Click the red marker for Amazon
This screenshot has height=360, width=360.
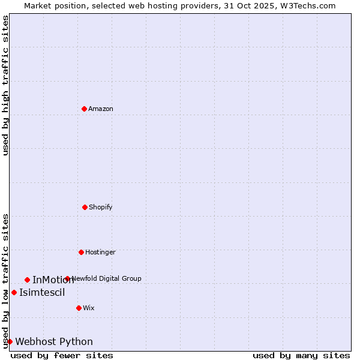tap(84, 109)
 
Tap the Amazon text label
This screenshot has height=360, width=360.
tap(101, 109)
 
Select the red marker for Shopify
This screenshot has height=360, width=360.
tap(85, 207)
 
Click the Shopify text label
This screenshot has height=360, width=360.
tap(101, 208)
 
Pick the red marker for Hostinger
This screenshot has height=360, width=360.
tap(81, 252)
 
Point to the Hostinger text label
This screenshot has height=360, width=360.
tap(100, 253)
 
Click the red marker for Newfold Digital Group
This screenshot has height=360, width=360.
tap(67, 278)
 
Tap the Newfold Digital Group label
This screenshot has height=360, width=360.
tap(107, 278)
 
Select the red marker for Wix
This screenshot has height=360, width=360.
tap(79, 308)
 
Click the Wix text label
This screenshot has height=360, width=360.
tap(89, 308)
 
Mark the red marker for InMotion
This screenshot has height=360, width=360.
tap(27, 280)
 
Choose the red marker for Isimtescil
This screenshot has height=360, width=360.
tap(14, 292)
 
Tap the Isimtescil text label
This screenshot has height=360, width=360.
tap(42, 293)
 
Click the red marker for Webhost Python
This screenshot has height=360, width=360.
tap(10, 341)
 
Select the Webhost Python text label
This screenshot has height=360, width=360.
tap(54, 342)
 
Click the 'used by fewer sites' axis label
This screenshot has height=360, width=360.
tap(62, 355)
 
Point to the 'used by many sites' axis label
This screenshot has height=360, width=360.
tap(301, 355)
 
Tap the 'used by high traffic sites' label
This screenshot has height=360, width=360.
tap(5, 85)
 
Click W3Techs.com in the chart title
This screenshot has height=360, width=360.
tap(306, 5)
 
